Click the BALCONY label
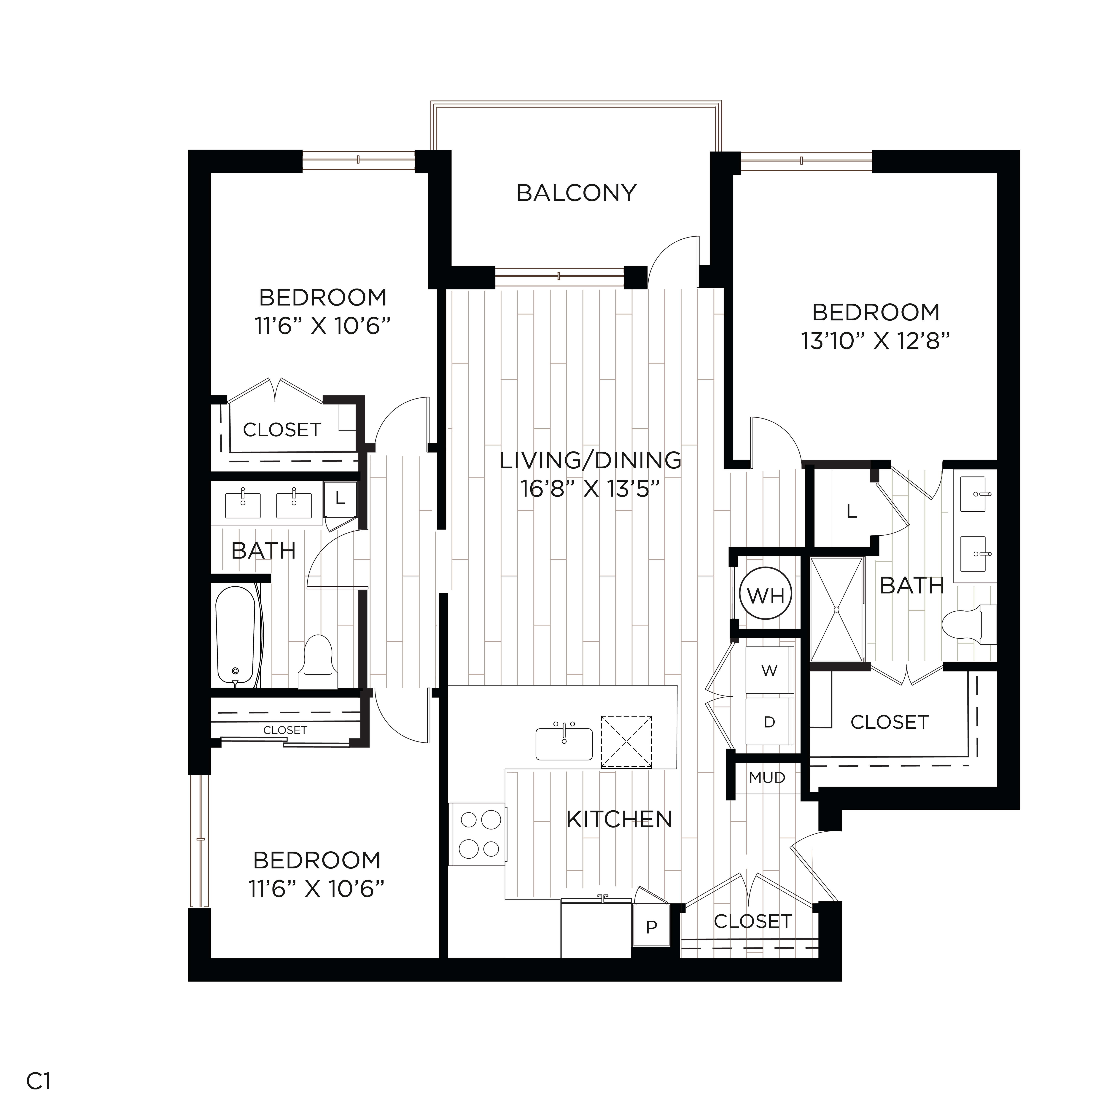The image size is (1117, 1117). pyautogui.click(x=576, y=193)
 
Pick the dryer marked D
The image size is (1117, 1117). pyautogui.click(x=769, y=722)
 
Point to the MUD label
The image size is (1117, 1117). pyautogui.click(x=767, y=778)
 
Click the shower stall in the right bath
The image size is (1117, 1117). pyautogui.click(x=837, y=609)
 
